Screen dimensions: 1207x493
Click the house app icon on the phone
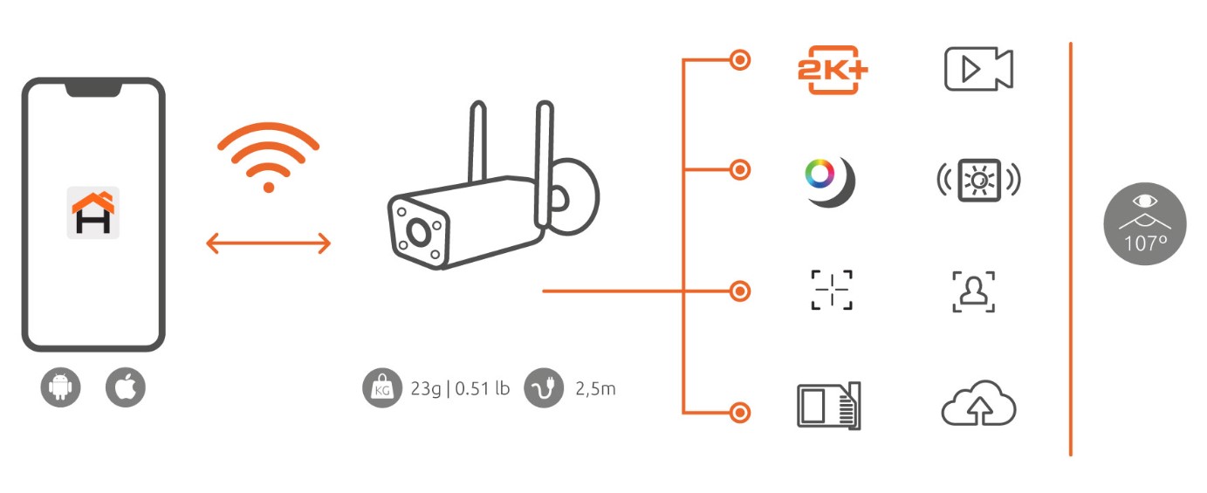(x=93, y=213)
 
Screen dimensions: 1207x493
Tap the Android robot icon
(x=60, y=387)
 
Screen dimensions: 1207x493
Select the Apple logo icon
(x=126, y=387)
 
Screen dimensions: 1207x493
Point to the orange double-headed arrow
(x=268, y=243)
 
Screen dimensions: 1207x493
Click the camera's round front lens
(x=418, y=232)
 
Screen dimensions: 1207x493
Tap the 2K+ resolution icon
(x=833, y=70)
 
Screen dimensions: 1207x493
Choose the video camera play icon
(x=978, y=69)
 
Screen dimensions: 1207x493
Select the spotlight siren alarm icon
(x=979, y=181)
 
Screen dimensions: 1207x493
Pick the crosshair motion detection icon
(x=832, y=290)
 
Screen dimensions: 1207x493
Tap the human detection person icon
(x=974, y=291)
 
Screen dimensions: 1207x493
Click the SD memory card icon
(x=829, y=406)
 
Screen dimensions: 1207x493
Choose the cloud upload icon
(x=978, y=404)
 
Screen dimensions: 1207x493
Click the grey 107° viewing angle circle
(x=1145, y=223)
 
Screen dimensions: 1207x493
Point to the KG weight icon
(x=382, y=388)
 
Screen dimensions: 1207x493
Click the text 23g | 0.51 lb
(x=460, y=388)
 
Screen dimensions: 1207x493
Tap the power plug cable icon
(x=544, y=388)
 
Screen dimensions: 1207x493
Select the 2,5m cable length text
(x=595, y=388)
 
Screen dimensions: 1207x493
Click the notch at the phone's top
(x=93, y=89)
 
